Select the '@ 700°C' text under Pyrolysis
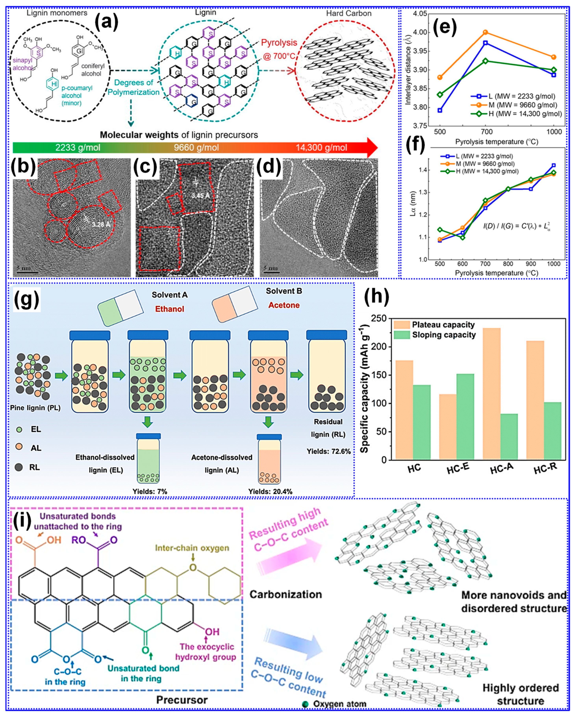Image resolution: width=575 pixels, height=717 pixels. pyautogui.click(x=279, y=56)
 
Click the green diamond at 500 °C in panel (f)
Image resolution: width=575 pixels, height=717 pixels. pyautogui.click(x=440, y=229)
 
